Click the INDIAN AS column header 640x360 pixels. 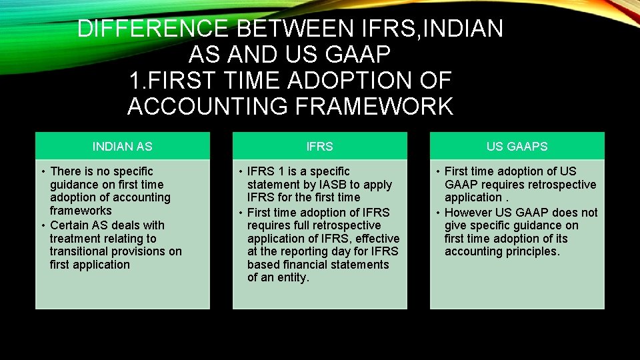click(122, 146)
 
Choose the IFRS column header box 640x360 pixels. click(319, 146)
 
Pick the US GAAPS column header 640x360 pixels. click(517, 146)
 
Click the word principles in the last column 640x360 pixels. click(533, 251)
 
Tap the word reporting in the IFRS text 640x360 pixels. click(309, 251)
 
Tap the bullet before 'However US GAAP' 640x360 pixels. click(437, 213)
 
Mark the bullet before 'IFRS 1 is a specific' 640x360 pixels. click(240, 172)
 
